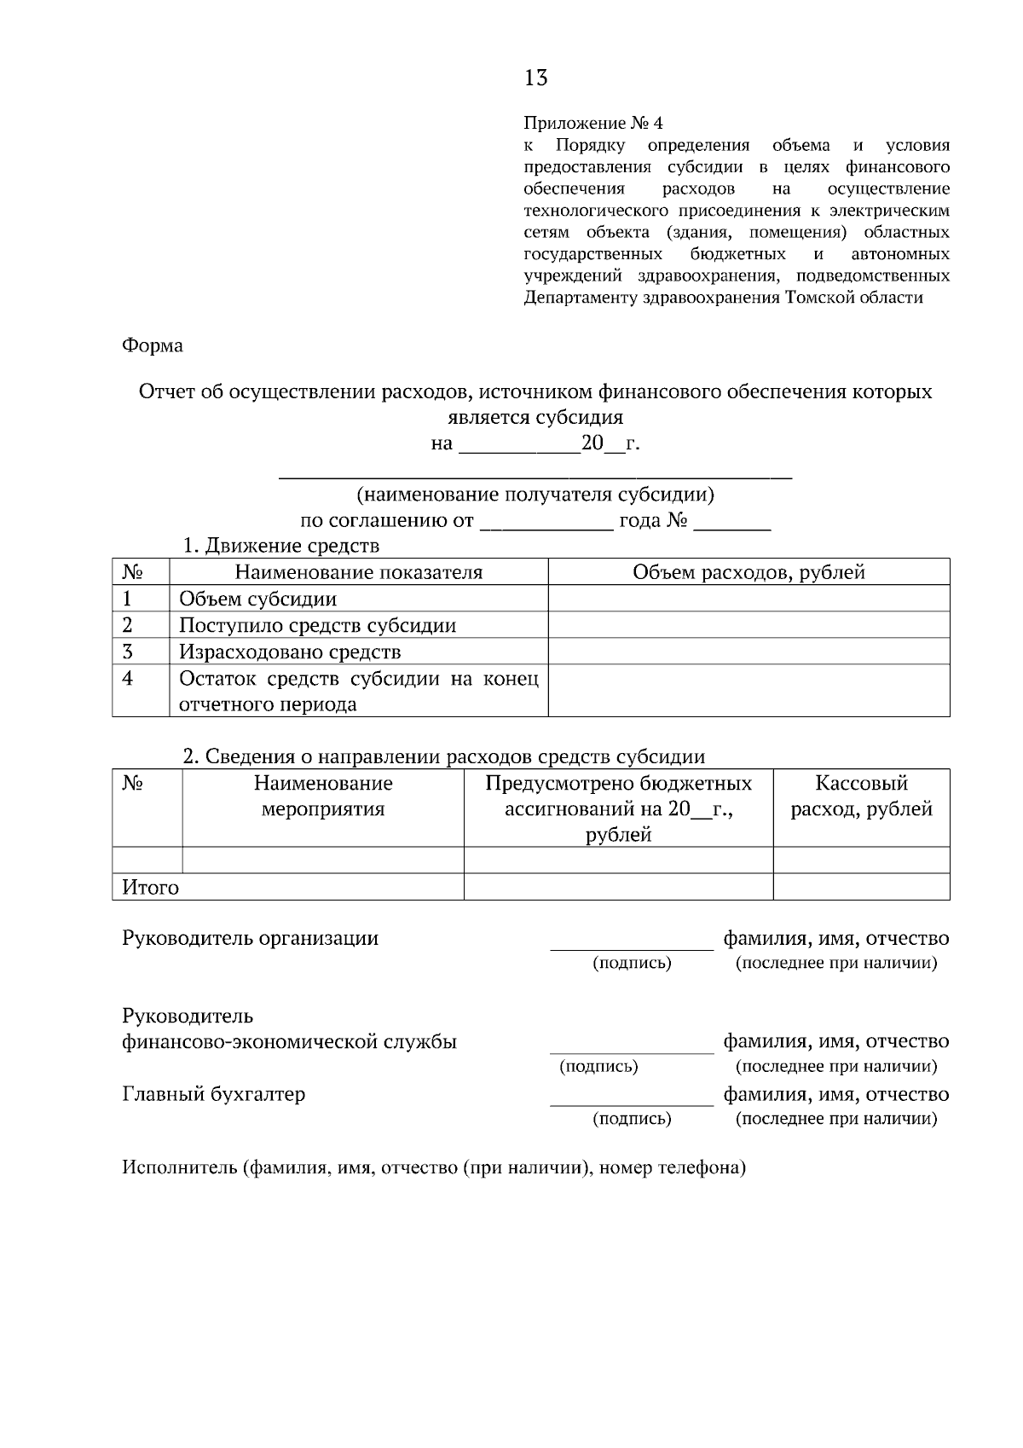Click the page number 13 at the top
coord(535,78)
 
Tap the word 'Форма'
coord(153,345)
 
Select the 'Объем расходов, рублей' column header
coord(748,572)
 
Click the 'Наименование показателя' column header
coord(358,572)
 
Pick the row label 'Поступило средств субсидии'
coord(317,625)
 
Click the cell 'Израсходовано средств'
coord(290,652)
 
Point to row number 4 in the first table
coord(128,679)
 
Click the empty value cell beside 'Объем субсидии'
coord(748,599)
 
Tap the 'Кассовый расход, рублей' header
coord(861,796)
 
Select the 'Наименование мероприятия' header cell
coord(322,796)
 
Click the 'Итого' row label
coord(151,888)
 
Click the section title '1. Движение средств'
coord(281,545)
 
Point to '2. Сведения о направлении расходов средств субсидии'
coord(444,756)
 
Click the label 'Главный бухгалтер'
coord(214,1094)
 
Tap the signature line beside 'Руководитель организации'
coord(631,946)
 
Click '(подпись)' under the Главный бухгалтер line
coord(632,1119)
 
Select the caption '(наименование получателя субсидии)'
coord(535,495)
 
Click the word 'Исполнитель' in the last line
coord(179,1167)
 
